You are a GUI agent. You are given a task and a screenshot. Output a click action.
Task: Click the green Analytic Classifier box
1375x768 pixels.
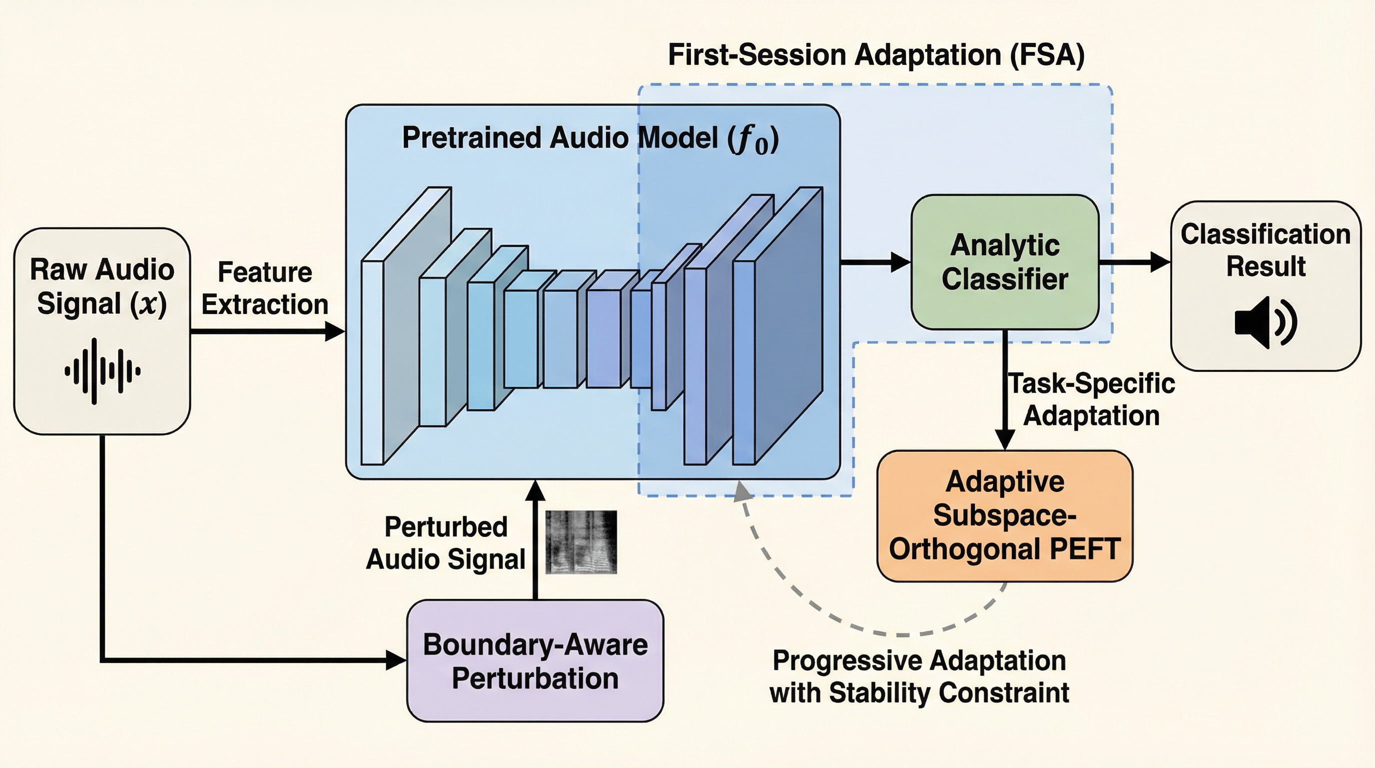click(1005, 261)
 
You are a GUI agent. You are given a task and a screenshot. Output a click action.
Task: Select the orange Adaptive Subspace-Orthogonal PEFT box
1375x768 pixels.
click(1005, 516)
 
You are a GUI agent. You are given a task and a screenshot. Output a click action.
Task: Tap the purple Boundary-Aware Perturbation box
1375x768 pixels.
click(535, 661)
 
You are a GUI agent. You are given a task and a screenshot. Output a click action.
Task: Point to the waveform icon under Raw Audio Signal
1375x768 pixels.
click(102, 370)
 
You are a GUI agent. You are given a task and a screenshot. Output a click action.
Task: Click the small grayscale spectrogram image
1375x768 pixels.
click(581, 541)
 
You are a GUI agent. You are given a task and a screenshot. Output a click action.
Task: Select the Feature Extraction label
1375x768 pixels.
click(265, 288)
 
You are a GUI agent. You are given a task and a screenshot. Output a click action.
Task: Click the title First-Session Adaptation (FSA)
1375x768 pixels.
click(876, 55)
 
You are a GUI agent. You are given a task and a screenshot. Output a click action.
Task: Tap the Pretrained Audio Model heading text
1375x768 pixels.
click(590, 138)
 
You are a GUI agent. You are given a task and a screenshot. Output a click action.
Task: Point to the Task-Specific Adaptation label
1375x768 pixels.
click(1091, 399)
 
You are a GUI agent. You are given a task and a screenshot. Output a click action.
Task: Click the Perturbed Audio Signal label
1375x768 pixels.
click(446, 542)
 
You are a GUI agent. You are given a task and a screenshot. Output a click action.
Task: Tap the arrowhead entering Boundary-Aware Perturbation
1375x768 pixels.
click(396, 660)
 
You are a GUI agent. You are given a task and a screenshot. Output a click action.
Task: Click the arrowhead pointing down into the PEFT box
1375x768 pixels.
click(1005, 440)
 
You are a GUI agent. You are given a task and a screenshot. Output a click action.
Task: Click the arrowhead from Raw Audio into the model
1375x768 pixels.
click(335, 331)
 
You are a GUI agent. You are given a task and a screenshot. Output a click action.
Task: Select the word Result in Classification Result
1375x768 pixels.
click(1265, 266)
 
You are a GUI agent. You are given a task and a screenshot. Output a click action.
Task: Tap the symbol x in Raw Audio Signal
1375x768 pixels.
click(148, 304)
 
